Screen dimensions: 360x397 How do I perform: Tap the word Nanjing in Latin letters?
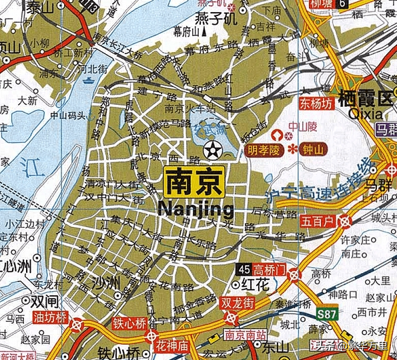click(x=196, y=209)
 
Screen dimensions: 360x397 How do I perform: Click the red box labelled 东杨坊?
click(x=315, y=104)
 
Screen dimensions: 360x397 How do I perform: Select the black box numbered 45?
click(x=245, y=268)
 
